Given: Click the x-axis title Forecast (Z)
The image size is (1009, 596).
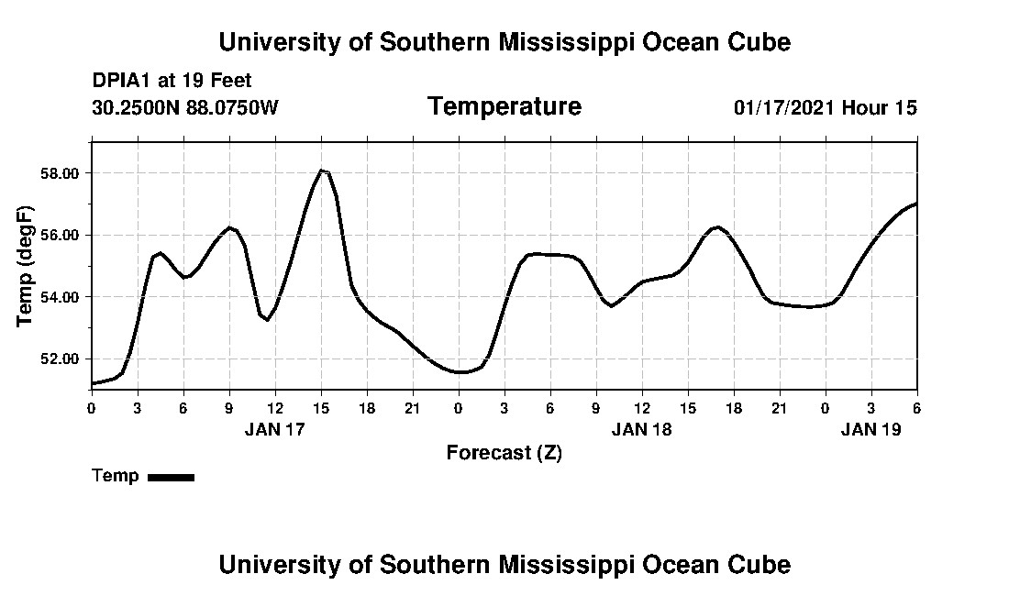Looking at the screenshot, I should click(504, 452).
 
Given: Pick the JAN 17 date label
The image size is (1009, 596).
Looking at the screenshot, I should click(274, 428).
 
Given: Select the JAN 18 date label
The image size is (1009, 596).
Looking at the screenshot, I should click(641, 428).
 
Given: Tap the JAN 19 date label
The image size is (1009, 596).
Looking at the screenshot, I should click(870, 428).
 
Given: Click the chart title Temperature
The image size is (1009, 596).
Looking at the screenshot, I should click(504, 107).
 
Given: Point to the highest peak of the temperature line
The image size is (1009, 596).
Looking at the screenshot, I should click(321, 170).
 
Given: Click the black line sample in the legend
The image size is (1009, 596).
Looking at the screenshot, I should click(171, 477).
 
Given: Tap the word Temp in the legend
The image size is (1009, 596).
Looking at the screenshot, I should click(116, 476).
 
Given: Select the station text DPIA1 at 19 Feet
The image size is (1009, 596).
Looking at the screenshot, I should click(172, 82).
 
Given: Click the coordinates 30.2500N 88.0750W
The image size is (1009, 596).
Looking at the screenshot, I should click(185, 108).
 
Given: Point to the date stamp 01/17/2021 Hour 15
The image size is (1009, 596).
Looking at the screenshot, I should click(825, 108).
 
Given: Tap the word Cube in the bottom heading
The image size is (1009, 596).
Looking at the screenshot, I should click(763, 564).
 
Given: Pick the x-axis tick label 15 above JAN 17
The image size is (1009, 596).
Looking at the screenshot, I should click(321, 408).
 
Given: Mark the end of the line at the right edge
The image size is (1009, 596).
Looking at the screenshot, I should click(916, 204).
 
